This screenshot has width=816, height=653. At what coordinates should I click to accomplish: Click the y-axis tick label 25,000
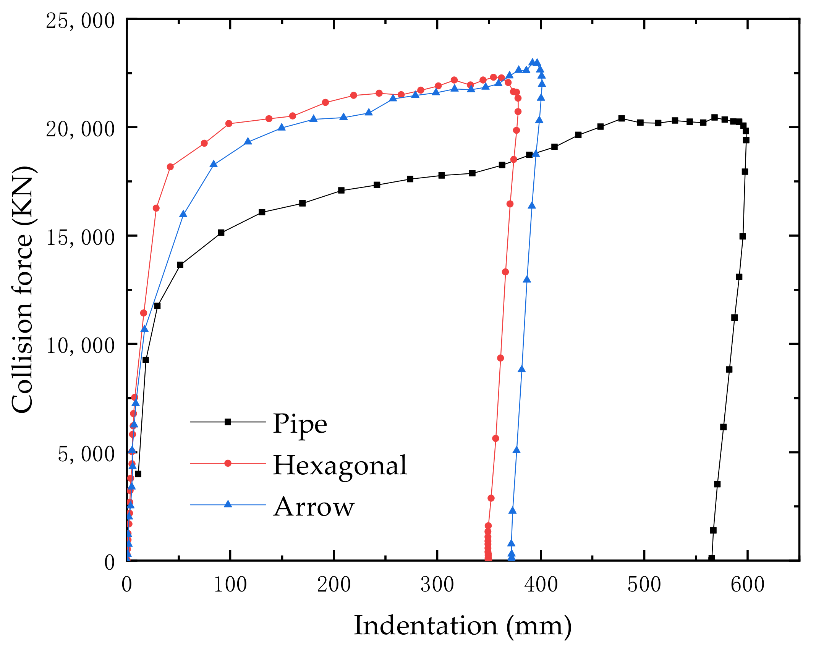click(80, 21)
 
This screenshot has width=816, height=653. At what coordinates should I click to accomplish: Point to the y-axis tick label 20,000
click(80, 129)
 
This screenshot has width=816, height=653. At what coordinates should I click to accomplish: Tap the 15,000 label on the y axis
click(80, 238)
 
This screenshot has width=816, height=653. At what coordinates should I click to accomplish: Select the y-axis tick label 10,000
click(80, 346)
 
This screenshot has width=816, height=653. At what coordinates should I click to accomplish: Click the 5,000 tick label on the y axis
click(86, 454)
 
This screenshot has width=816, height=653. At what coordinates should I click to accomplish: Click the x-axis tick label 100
click(230, 585)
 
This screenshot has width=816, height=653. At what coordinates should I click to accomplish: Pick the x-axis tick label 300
click(437, 585)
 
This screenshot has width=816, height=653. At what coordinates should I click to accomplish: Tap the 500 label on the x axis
click(644, 585)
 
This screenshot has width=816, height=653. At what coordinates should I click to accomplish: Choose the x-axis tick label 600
click(747, 585)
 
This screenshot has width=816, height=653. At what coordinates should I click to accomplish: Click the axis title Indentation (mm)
click(463, 627)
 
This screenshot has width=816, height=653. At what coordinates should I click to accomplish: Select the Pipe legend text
click(300, 424)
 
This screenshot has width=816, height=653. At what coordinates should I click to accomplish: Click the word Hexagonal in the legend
click(340, 466)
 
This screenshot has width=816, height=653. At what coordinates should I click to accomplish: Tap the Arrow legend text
click(314, 507)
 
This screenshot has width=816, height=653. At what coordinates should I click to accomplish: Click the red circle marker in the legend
click(228, 463)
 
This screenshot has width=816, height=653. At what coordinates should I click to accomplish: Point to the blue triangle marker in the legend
click(228, 504)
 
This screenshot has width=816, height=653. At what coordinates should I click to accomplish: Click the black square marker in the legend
click(228, 422)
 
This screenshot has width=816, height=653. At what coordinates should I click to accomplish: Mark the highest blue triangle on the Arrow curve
click(533, 62)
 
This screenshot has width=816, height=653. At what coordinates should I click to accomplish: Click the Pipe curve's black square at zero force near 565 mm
click(712, 558)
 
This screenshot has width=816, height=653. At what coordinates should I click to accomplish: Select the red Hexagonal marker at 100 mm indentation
click(229, 123)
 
